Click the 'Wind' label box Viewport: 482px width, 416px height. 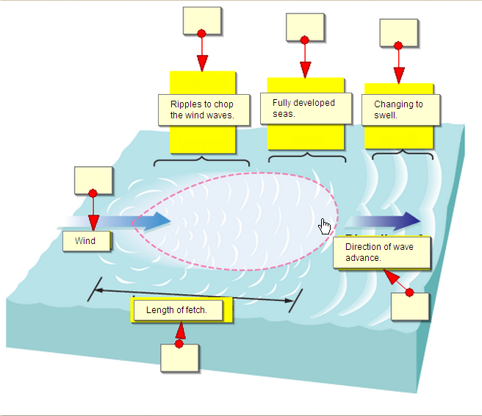click(x=86, y=241)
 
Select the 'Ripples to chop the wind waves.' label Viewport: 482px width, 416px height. click(x=202, y=110)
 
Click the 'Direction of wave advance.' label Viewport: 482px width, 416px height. click(x=381, y=252)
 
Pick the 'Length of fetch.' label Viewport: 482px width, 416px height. click(x=177, y=310)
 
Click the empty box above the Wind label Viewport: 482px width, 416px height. click(x=93, y=181)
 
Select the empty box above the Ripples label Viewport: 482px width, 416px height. click(x=201, y=21)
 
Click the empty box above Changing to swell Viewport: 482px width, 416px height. click(x=399, y=32)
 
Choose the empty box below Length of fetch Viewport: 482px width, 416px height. click(x=180, y=357)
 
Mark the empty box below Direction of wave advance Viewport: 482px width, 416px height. click(x=409, y=306)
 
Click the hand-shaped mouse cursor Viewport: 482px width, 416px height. click(x=325, y=226)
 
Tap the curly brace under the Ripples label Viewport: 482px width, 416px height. click(x=201, y=159)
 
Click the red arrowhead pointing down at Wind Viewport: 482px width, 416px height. click(x=93, y=223)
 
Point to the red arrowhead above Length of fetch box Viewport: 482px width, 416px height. click(x=180, y=331)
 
